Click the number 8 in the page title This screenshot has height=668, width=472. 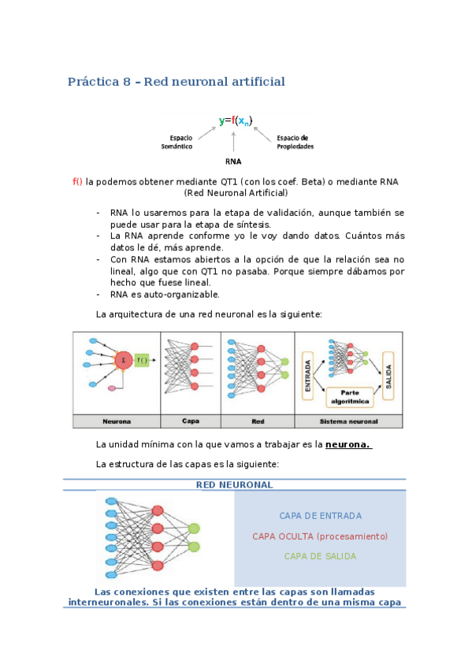pyautogui.click(x=126, y=82)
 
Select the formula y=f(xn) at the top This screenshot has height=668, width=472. pyautogui.click(x=236, y=121)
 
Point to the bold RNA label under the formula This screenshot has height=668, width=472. pyautogui.click(x=233, y=163)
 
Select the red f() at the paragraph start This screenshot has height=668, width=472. pyautogui.click(x=77, y=181)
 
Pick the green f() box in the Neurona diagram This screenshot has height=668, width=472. pyautogui.click(x=142, y=360)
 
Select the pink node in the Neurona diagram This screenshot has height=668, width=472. pyautogui.click(x=112, y=388)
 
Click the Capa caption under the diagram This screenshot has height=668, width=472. pyautogui.click(x=190, y=421)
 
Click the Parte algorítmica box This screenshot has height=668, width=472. pyautogui.click(x=347, y=396)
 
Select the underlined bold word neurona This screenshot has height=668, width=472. pyautogui.click(x=348, y=444)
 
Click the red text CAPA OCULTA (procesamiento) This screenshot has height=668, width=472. pyautogui.click(x=320, y=536)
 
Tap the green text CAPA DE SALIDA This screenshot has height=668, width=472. pyautogui.click(x=320, y=556)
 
